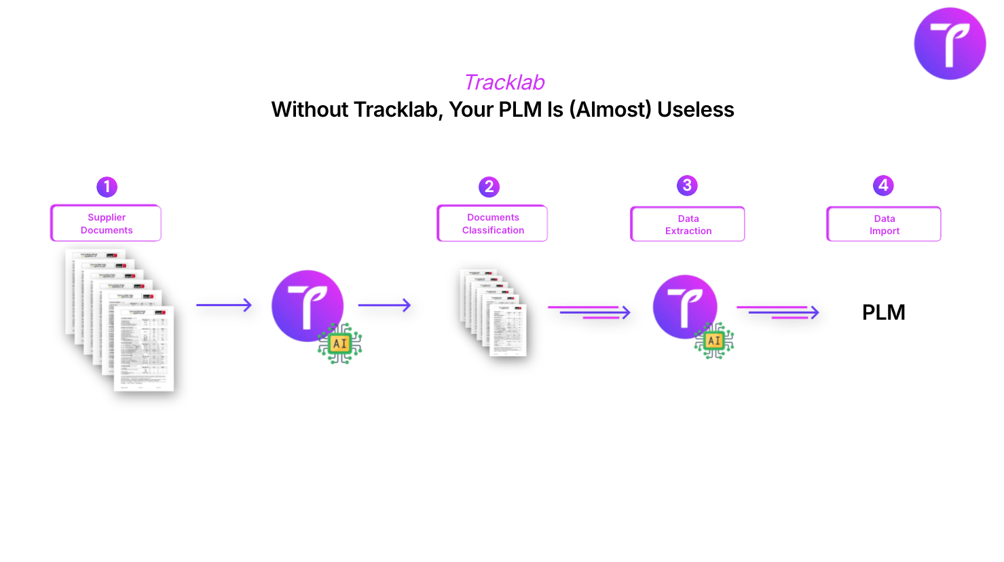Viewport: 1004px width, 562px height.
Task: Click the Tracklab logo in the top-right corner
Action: tap(950, 43)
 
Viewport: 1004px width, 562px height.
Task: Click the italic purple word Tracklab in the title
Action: tap(504, 82)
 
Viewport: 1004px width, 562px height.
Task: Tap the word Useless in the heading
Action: tap(696, 109)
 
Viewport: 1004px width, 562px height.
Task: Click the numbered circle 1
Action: tap(107, 187)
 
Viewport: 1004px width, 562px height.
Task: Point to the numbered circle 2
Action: tap(489, 187)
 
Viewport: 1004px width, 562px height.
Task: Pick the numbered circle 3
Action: tap(687, 185)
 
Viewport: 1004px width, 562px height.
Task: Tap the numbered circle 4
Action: tap(883, 185)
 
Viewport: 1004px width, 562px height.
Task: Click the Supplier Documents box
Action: tap(106, 223)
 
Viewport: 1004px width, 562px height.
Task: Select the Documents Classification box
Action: tap(492, 223)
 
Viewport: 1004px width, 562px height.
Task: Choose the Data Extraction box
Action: tap(688, 224)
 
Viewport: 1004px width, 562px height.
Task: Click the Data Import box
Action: tap(884, 224)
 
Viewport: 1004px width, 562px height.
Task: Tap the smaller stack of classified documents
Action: tap(494, 312)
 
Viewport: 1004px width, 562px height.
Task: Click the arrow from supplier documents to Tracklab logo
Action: tap(224, 305)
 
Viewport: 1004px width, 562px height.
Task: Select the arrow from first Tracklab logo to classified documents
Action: tap(384, 305)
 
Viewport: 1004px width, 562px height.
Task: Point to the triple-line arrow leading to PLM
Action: tap(778, 312)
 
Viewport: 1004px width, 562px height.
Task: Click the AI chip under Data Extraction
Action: tap(714, 341)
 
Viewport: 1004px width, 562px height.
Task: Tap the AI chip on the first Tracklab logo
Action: tap(339, 343)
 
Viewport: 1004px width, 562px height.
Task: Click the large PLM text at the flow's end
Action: tap(883, 312)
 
